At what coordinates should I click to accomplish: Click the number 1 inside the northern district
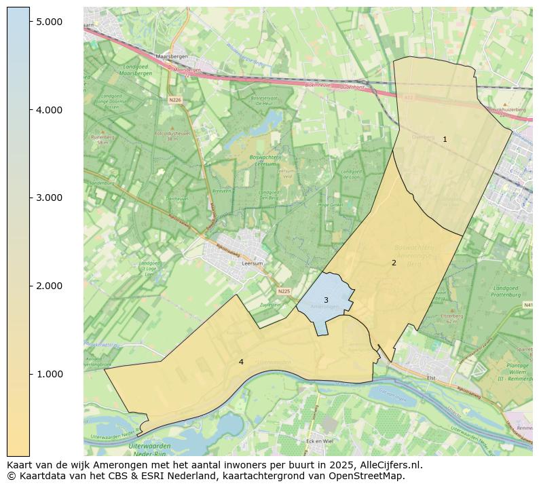tap(445, 139)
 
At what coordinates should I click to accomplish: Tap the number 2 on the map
tap(394, 263)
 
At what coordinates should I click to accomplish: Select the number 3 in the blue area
tap(326, 300)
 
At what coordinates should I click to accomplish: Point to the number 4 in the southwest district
tap(241, 362)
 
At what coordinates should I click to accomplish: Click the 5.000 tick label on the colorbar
tap(50, 22)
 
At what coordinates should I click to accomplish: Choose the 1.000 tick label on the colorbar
tap(50, 374)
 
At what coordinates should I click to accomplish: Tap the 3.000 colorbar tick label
tap(50, 198)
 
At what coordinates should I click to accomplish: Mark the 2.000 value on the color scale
tap(50, 286)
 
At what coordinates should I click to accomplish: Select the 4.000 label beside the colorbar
tap(50, 110)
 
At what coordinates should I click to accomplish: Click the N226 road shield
tap(175, 100)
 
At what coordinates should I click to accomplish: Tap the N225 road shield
tap(284, 291)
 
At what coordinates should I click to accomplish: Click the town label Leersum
tap(252, 263)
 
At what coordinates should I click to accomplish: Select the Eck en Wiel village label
tap(319, 440)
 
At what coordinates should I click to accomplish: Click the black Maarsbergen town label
tap(170, 57)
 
